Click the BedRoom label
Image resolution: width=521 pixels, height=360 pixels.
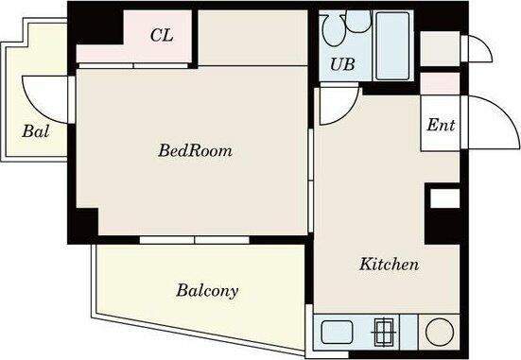click(x=195, y=150)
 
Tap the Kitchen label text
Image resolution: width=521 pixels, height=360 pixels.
click(x=389, y=265)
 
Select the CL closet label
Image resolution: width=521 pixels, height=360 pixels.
click(x=162, y=35)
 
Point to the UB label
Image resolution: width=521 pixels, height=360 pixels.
click(x=342, y=63)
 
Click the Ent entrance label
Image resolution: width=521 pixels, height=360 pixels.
click(x=441, y=125)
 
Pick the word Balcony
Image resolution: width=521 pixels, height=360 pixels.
click(x=207, y=291)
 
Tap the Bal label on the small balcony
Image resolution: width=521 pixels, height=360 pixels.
click(x=36, y=131)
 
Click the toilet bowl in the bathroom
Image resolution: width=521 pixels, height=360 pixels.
click(x=334, y=30)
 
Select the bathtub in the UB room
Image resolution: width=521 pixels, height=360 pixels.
click(x=392, y=46)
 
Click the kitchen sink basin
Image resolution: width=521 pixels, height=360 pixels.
click(x=337, y=332)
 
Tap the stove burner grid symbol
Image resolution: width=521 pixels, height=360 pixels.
click(x=385, y=331)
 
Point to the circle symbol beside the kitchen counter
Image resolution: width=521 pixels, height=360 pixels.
click(x=440, y=332)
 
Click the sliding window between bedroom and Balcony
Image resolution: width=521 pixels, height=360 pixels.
click(x=195, y=240)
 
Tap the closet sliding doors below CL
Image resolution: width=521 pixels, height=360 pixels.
click(x=133, y=66)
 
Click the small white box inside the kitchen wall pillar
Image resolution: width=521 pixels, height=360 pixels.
click(x=445, y=198)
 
